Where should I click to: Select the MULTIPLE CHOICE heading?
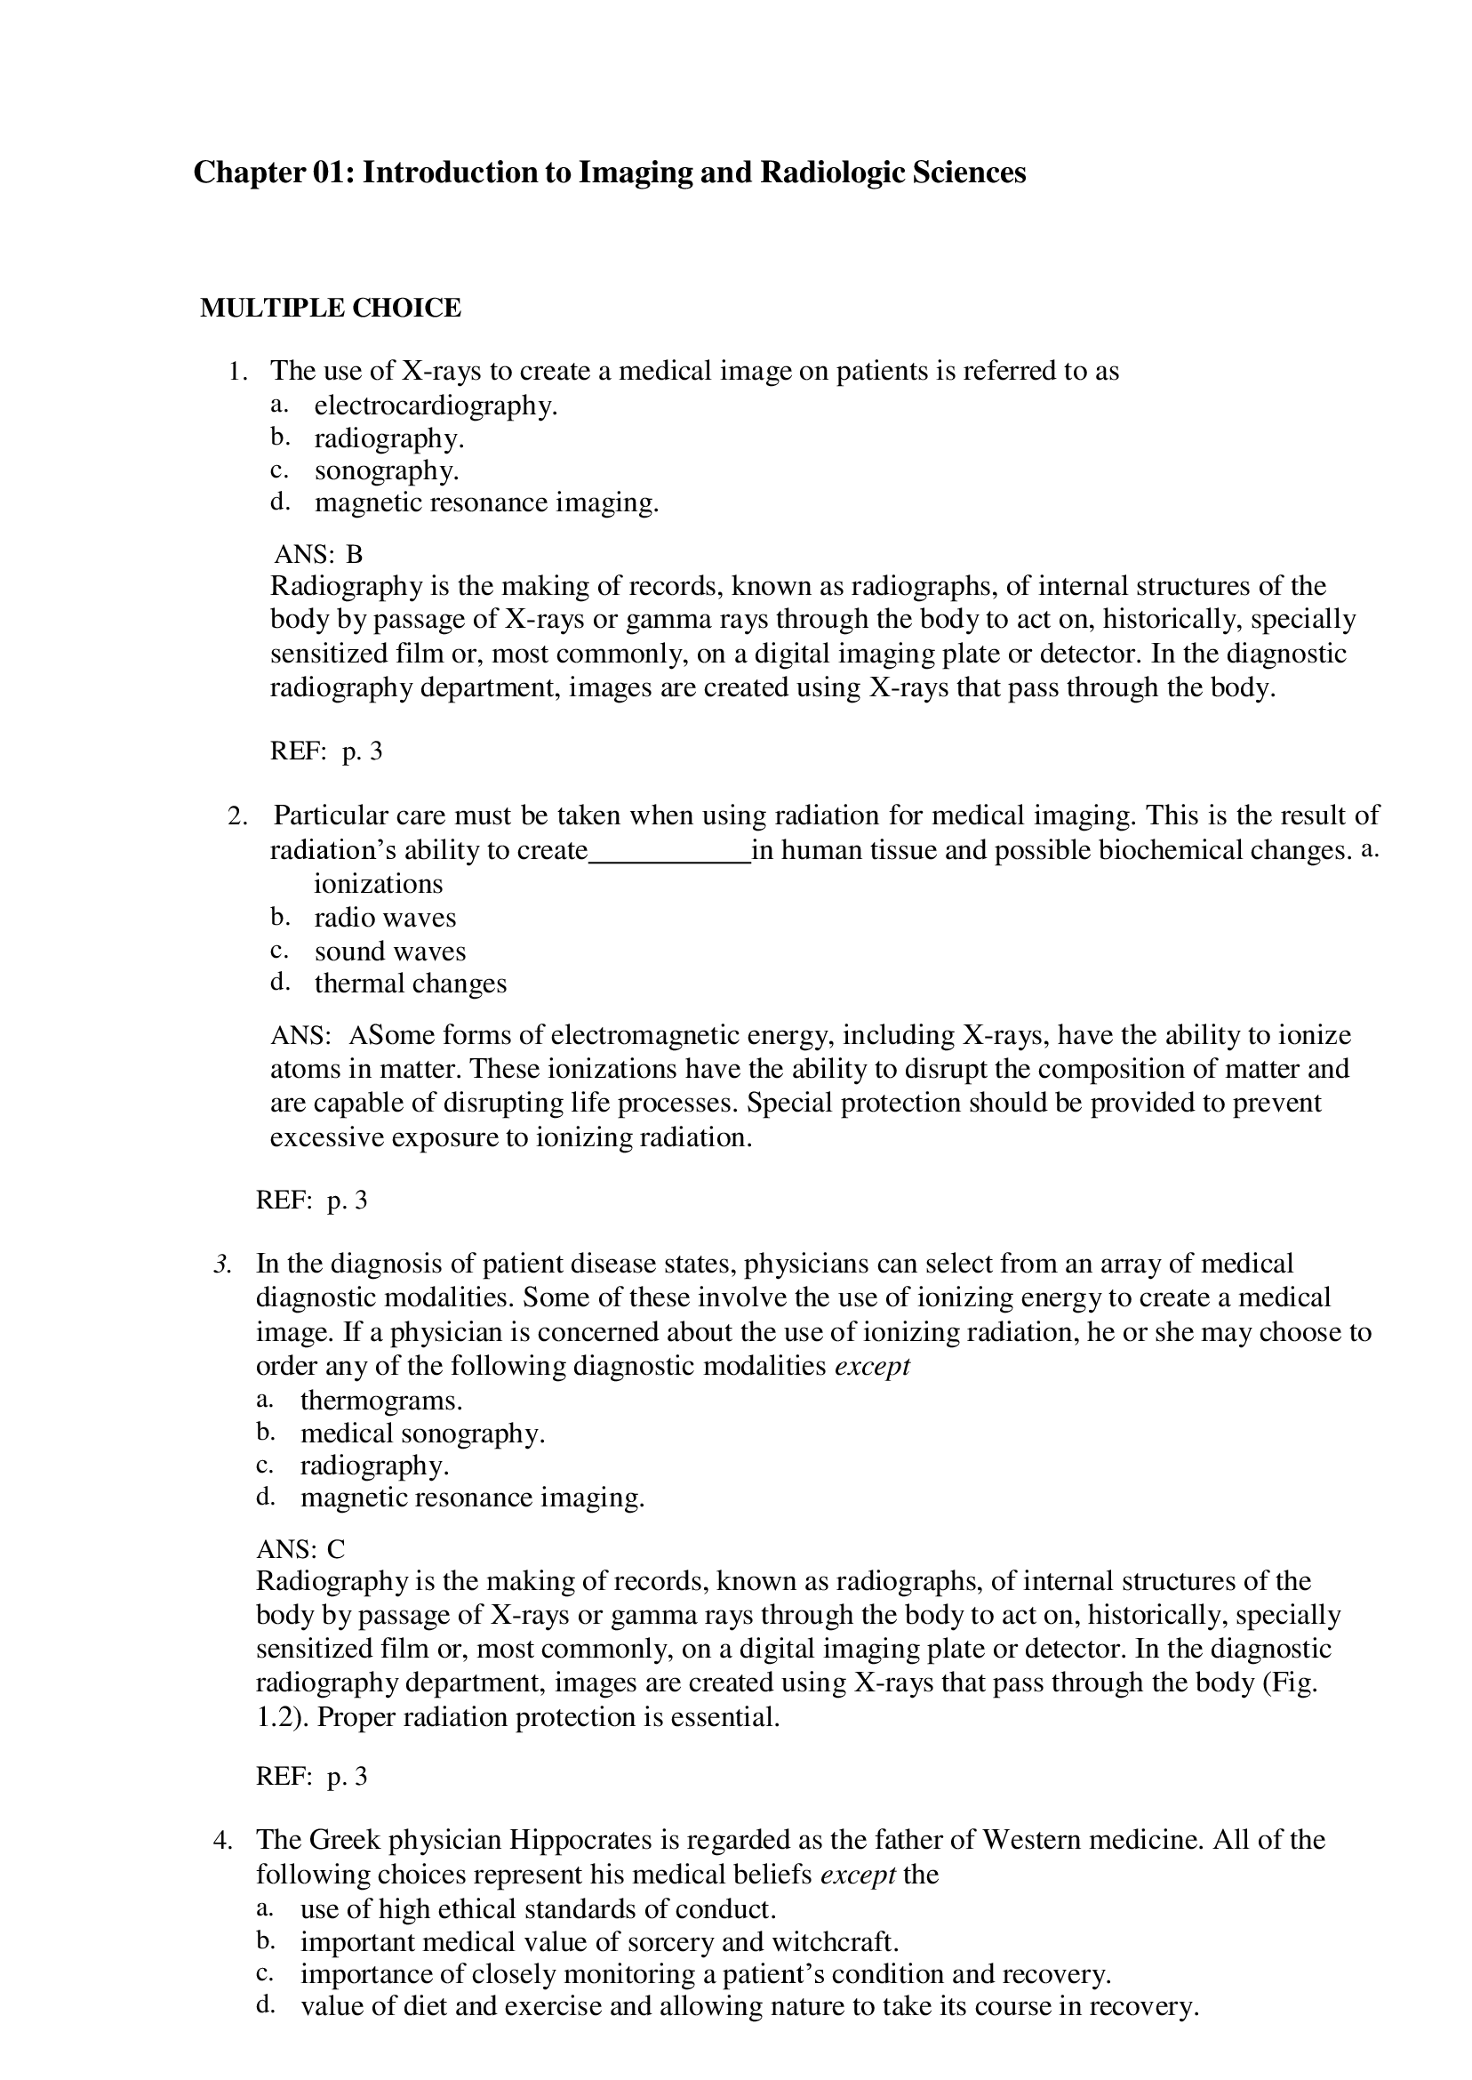[330, 309]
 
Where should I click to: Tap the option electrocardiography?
[435, 406]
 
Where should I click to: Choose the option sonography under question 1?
[386, 470]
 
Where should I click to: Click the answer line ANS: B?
[318, 553]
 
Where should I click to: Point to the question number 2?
[236, 816]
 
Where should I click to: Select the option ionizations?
[378, 884]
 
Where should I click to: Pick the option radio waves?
[385, 918]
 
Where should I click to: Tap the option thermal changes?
[410, 984]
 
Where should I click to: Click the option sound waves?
[389, 952]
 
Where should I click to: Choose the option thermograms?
[380, 1400]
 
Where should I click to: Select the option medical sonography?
[422, 1433]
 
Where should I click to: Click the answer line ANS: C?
[301, 1549]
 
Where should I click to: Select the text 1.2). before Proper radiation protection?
[283, 1717]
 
